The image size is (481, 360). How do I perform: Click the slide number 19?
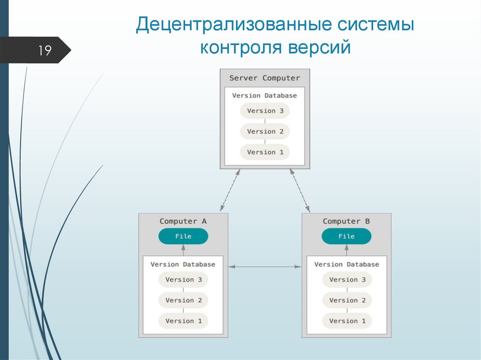(45, 50)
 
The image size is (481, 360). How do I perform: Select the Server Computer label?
(264, 78)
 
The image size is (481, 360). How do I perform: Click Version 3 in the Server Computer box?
(265, 111)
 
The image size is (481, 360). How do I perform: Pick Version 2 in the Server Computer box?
(265, 131)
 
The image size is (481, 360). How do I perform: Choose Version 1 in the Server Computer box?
(265, 152)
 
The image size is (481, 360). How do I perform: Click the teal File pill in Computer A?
(183, 236)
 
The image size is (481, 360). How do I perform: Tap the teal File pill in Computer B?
(347, 236)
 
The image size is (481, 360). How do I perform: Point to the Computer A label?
(183, 221)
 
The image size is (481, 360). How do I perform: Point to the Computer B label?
(346, 221)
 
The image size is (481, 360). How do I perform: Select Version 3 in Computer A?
(183, 279)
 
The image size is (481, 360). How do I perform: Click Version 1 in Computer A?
(183, 321)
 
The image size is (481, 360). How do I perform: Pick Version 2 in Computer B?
(347, 300)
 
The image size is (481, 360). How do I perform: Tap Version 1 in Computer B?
(347, 321)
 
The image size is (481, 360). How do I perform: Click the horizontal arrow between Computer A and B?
(265, 267)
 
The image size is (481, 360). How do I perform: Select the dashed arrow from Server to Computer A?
(230, 190)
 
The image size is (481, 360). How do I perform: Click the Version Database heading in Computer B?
(347, 264)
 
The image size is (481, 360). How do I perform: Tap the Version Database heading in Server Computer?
(264, 95)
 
